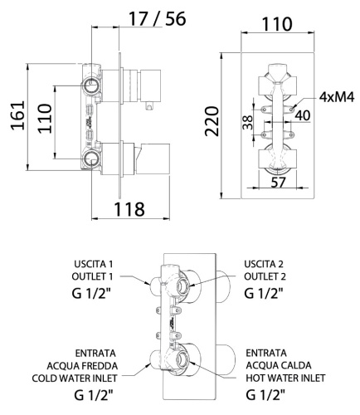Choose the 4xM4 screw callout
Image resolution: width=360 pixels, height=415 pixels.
pyautogui.click(x=338, y=96)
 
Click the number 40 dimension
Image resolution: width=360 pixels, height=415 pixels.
pyautogui.click(x=302, y=115)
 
